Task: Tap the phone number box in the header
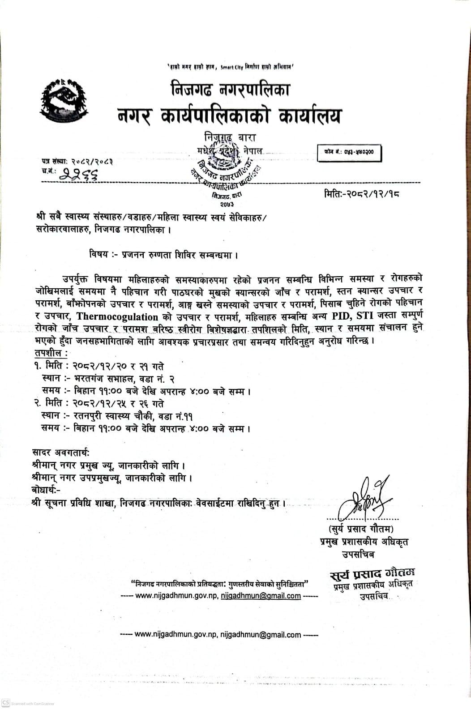(349, 153)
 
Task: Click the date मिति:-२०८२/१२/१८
(361, 194)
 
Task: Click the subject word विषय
(98, 255)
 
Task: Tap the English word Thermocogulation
(117, 316)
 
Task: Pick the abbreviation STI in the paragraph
(365, 316)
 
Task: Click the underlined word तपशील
(50, 353)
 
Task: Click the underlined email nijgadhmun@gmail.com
(261, 596)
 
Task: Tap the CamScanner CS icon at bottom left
(6, 703)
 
